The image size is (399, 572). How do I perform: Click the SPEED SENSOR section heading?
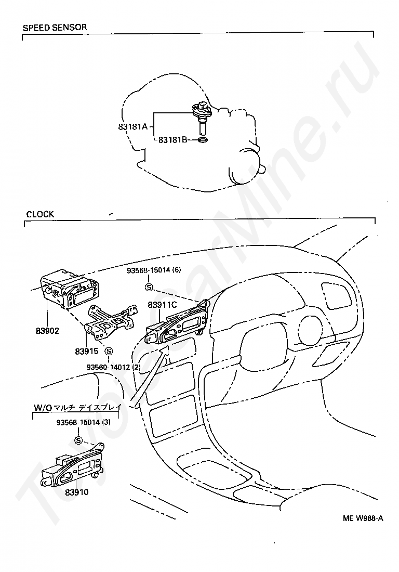tap(55, 27)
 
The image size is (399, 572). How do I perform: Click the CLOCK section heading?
tap(40, 214)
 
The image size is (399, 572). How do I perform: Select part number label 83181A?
tap(133, 125)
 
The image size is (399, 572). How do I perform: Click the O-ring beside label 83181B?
tap(203, 139)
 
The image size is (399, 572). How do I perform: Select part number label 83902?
tap(47, 330)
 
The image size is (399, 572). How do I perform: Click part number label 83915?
tap(87, 351)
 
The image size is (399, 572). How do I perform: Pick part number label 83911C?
tap(162, 305)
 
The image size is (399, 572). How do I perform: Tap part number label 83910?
tap(77, 491)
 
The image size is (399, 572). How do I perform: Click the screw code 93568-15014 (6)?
tap(154, 270)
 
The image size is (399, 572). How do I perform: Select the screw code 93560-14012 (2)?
tap(113, 367)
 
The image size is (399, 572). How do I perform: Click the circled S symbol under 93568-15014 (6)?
tap(149, 287)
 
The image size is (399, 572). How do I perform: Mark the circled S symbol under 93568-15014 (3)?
tap(79, 440)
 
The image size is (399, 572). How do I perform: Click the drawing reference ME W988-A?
tap(363, 518)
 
